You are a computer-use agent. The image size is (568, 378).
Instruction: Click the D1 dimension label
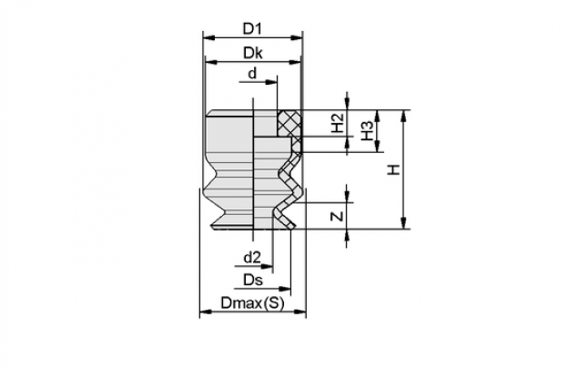tap(252, 28)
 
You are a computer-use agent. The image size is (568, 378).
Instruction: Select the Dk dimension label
tap(252, 53)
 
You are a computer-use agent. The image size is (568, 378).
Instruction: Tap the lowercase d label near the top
tap(252, 74)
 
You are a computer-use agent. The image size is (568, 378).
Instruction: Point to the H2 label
tap(338, 123)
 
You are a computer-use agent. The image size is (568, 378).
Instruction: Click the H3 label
tap(367, 131)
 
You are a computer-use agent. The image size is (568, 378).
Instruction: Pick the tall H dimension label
tap(394, 169)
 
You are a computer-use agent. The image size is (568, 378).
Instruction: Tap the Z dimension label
tap(338, 217)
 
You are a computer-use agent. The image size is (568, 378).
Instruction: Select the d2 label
tap(252, 258)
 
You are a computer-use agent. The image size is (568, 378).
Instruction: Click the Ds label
tap(253, 280)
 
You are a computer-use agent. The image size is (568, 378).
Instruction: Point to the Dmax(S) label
tap(252, 303)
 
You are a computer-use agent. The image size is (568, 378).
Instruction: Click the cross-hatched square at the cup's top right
tap(289, 123)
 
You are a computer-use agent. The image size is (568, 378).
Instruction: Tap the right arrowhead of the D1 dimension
tap(297, 37)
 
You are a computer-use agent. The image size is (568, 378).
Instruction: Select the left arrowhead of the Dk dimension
tap(211, 62)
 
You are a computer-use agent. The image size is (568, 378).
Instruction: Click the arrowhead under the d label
tap(271, 82)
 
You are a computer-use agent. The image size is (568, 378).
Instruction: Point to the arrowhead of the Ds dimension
tap(285, 289)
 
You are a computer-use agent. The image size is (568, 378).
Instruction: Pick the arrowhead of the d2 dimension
tap(267, 267)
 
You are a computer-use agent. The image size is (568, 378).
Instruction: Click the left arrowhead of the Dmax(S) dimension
tap(206, 312)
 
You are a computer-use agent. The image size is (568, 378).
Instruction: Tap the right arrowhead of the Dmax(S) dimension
tap(300, 312)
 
